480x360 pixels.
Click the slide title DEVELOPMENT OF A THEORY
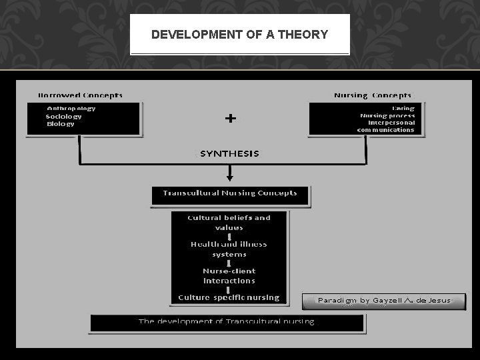239,35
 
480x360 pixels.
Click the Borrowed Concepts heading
81,96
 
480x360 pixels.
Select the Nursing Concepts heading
373,96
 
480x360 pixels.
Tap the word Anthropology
71,108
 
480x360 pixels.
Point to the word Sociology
64,116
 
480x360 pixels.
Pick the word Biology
61,124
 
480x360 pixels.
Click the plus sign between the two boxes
230,119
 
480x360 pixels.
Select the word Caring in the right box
403,108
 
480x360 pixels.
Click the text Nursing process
387,115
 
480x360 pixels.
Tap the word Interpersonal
391,123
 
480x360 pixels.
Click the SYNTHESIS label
229,153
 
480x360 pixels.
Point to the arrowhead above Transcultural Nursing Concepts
230,177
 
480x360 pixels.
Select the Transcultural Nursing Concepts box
230,193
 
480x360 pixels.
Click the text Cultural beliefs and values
229,223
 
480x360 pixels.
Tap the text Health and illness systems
229,249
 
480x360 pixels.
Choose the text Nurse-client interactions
229,276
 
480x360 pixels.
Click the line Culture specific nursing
229,297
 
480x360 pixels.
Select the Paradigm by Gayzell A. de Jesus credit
384,301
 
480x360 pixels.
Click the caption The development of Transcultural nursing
227,321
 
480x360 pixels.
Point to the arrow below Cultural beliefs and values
229,236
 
